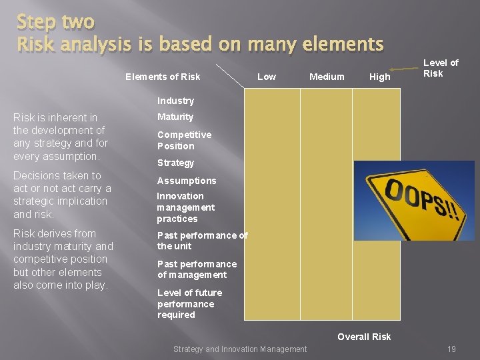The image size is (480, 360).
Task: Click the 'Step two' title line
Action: click(x=56, y=21)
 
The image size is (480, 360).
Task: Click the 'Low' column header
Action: click(x=266, y=77)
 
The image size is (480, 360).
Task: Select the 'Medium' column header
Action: click(x=327, y=77)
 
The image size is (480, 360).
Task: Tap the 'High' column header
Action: click(x=379, y=77)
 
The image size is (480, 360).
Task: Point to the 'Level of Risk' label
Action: click(x=441, y=68)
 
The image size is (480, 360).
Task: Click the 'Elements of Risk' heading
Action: click(x=163, y=77)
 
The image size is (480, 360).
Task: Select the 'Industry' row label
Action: click(x=175, y=101)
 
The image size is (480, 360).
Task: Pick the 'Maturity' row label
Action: click(x=175, y=117)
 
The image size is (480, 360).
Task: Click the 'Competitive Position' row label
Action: click(x=184, y=140)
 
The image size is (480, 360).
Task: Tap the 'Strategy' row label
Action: click(x=175, y=163)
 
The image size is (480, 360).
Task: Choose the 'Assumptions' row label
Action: click(x=187, y=181)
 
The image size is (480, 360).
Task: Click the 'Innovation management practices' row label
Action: click(x=185, y=207)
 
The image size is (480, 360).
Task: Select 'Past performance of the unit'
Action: click(x=202, y=241)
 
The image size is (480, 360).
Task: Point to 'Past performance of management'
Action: click(x=197, y=269)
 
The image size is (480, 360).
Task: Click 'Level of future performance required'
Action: click(x=189, y=303)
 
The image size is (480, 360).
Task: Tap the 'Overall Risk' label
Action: click(x=364, y=337)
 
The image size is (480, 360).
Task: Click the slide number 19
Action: click(x=451, y=349)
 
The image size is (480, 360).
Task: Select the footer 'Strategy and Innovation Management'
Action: click(x=240, y=349)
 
